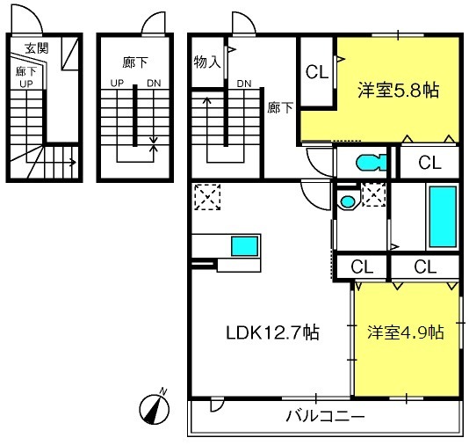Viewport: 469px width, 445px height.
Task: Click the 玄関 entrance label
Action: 37,47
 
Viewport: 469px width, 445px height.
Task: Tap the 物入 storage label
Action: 207,62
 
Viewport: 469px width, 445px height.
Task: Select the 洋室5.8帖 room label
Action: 399,90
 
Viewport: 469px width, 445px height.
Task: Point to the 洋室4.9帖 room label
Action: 406,332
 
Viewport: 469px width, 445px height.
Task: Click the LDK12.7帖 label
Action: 273,332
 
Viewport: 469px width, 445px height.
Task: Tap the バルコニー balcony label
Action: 326,416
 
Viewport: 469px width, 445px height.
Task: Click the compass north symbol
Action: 155,407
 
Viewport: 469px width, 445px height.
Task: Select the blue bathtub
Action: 443,217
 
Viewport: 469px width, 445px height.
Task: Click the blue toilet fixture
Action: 372,163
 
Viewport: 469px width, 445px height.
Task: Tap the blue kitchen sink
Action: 245,246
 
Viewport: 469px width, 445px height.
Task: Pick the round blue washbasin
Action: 348,201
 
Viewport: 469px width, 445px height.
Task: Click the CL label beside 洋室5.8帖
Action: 317,72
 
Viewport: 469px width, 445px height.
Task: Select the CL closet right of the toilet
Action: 429,163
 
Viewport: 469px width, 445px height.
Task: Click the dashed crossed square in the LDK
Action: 207,197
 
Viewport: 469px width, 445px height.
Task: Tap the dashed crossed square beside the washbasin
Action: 373,195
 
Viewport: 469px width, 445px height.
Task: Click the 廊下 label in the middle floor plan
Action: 135,62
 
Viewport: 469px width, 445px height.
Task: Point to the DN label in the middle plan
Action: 154,83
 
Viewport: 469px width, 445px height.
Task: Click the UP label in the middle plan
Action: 117,83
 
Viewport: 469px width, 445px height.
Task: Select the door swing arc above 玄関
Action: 32,12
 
